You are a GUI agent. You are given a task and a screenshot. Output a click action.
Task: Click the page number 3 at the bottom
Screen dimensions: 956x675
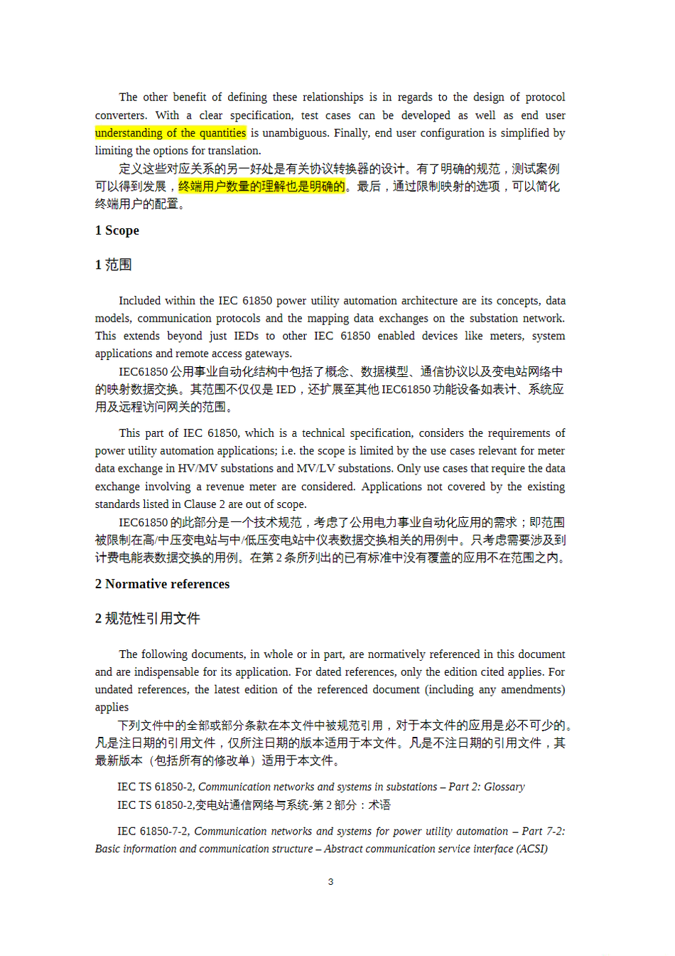pyautogui.click(x=330, y=882)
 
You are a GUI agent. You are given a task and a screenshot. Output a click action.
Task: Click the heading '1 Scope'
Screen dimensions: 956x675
pyautogui.click(x=117, y=230)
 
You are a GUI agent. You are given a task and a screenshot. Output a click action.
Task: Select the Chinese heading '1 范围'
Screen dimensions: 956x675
pyautogui.click(x=114, y=265)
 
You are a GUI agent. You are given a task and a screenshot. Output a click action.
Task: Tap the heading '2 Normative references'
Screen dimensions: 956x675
pyautogui.click(x=163, y=584)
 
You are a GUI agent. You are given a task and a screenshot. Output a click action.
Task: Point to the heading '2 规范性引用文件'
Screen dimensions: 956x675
pyautogui.click(x=148, y=618)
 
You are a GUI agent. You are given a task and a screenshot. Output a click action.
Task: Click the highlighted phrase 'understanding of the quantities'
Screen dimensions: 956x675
pyautogui.click(x=171, y=133)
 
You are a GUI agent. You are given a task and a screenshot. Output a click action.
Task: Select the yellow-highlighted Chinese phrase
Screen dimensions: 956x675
pyautogui.click(x=261, y=186)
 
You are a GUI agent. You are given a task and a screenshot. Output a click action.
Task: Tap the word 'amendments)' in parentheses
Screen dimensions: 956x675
pyautogui.click(x=533, y=690)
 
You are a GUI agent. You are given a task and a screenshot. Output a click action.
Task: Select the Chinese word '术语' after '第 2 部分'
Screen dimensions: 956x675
pyautogui.click(x=379, y=805)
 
